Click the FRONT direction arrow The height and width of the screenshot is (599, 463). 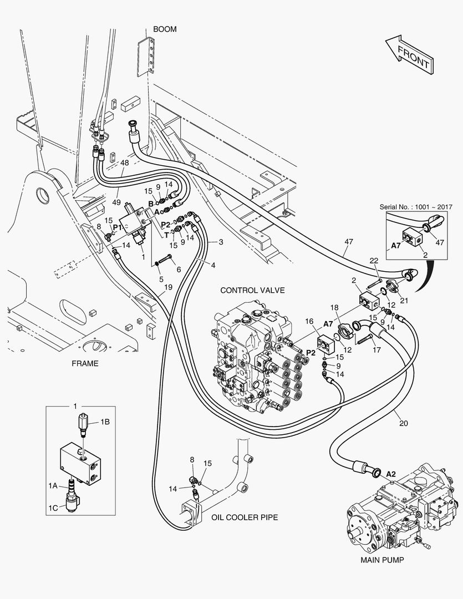pyautogui.click(x=410, y=54)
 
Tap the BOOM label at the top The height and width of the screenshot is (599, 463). pyautogui.click(x=165, y=29)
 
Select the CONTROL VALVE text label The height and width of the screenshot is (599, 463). pyautogui.click(x=252, y=290)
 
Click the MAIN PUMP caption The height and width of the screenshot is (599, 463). pyautogui.click(x=382, y=560)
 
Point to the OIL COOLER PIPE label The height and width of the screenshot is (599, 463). pyautogui.click(x=245, y=517)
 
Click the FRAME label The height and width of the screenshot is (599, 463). pyautogui.click(x=85, y=364)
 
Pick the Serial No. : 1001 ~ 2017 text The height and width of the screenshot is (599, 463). pyautogui.click(x=416, y=207)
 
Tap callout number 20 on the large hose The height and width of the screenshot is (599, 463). pyautogui.click(x=404, y=423)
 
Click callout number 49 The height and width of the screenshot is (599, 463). pyautogui.click(x=116, y=202)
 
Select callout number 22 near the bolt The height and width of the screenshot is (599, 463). pyautogui.click(x=374, y=261)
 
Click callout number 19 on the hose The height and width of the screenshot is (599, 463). pyautogui.click(x=167, y=287)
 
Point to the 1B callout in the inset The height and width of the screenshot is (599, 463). pyautogui.click(x=105, y=422)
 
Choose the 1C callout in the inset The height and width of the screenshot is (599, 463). pyautogui.click(x=53, y=507)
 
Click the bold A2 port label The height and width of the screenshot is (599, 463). pyautogui.click(x=391, y=474)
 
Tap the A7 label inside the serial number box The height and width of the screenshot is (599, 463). pyautogui.click(x=396, y=246)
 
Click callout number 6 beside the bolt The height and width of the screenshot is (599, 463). pyautogui.click(x=179, y=270)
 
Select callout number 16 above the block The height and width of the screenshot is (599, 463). pyautogui.click(x=309, y=322)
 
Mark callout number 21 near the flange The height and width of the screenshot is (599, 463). pyautogui.click(x=404, y=301)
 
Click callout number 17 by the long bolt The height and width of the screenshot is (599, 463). pyautogui.click(x=376, y=350)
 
